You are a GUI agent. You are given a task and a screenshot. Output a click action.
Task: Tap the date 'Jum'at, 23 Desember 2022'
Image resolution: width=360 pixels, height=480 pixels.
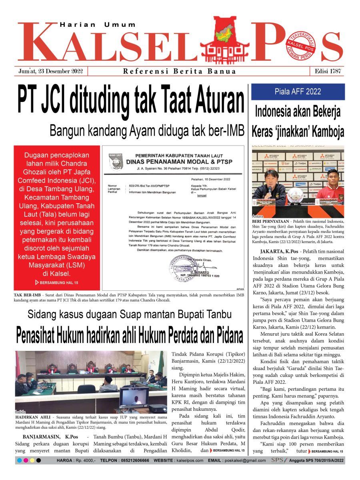(x=50, y=72)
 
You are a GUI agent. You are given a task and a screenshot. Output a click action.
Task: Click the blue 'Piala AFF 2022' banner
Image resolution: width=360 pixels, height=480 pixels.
(x=298, y=92)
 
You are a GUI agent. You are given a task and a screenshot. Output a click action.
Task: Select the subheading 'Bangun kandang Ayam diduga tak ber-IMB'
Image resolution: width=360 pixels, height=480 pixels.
(x=147, y=130)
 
